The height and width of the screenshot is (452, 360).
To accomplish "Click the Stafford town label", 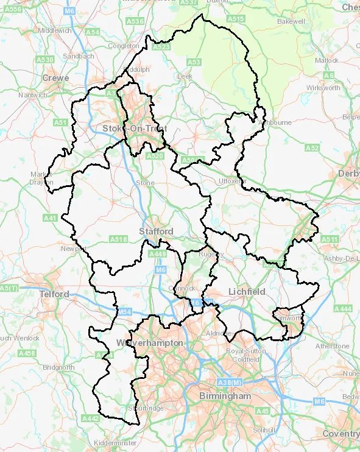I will (156, 231).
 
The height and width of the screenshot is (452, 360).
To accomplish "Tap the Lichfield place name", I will (247, 292).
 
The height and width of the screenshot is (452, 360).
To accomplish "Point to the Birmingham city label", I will (225, 396).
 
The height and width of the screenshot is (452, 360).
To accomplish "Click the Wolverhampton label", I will (149, 343).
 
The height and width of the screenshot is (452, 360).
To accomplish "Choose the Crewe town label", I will (55, 78).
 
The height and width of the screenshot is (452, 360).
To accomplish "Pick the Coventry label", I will (341, 434).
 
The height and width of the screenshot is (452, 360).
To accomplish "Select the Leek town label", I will (184, 76).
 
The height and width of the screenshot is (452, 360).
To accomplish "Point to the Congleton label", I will (124, 46).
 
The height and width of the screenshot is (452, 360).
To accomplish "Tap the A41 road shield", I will (50, 217).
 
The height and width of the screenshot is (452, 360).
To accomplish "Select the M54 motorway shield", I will (124, 312).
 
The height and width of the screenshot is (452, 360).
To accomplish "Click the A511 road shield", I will (329, 239).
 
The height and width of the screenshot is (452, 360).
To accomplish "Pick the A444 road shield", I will (344, 309).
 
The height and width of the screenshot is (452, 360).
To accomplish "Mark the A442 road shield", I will (90, 418).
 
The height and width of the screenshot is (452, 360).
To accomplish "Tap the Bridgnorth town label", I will (58, 367).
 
